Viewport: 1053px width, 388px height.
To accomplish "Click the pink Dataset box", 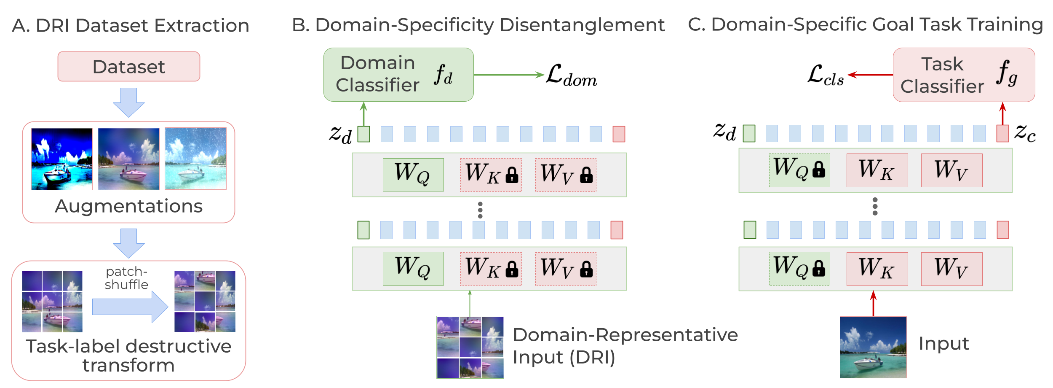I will pos(128,67).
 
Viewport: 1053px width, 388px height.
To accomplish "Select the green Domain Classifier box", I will pos(398,75).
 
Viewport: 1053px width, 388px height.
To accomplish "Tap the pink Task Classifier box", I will pos(963,75).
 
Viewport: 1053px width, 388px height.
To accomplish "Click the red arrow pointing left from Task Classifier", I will pos(870,75).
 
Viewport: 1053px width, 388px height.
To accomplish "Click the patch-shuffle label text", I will pos(126,278).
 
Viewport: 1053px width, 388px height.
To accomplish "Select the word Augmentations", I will pos(128,206).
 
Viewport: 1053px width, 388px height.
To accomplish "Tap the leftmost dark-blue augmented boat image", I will pos(62,159).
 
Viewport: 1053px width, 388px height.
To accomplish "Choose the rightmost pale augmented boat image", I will pos(195,159).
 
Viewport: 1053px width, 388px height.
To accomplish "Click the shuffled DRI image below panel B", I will pos(470,347).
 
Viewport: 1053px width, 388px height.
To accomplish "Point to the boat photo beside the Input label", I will pos(873,347).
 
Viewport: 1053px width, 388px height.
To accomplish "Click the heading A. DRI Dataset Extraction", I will pos(130,26).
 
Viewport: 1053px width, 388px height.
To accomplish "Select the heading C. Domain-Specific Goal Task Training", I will pos(865,24).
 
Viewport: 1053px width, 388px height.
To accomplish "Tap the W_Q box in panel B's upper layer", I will pos(413,175).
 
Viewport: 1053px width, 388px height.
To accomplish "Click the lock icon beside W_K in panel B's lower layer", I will pos(512,268).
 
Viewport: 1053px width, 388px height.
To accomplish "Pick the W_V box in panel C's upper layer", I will pos(951,170).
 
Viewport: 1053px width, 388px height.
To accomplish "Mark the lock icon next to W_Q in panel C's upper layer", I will pos(818,169).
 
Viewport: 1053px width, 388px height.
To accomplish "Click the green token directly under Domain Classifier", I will pos(363,134).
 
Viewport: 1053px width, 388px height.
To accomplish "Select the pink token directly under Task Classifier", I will pos(1002,133).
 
